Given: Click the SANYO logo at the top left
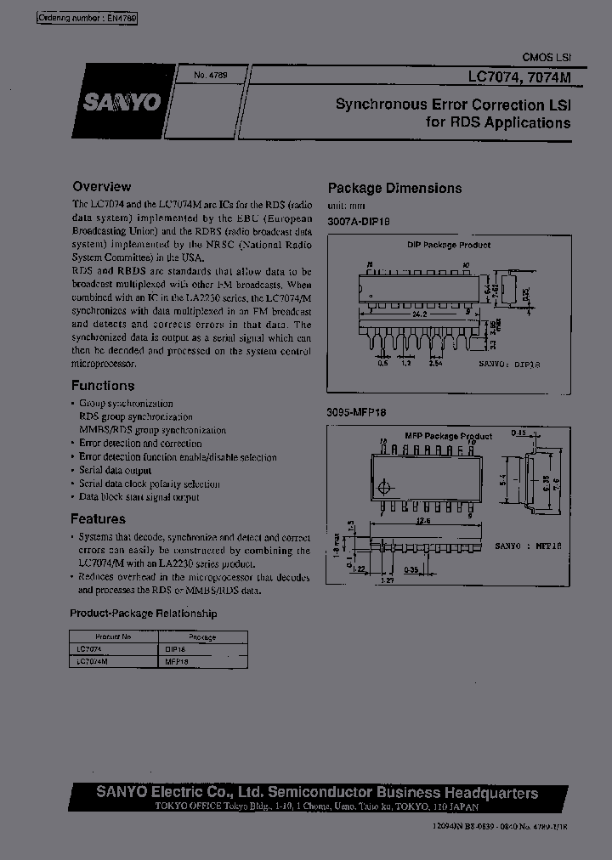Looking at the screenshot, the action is click(x=122, y=102).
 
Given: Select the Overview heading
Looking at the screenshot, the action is click(x=102, y=186).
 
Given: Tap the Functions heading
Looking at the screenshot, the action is click(x=103, y=385).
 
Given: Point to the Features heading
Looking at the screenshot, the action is click(x=99, y=519).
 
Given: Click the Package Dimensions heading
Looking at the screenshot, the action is click(x=395, y=189).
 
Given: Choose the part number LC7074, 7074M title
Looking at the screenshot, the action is click(x=519, y=76).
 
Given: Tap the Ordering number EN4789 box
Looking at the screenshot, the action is click(x=88, y=17).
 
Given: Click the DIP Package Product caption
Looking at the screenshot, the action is click(x=450, y=245).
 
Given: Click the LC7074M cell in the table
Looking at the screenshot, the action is click(x=93, y=659).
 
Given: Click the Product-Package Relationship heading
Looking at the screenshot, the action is click(x=143, y=614).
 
